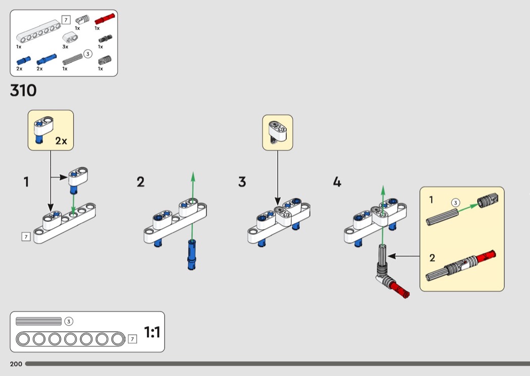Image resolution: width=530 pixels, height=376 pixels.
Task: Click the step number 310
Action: (x=23, y=91)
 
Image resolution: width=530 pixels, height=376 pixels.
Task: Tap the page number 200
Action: (x=16, y=364)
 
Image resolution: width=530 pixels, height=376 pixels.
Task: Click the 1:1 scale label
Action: (x=152, y=332)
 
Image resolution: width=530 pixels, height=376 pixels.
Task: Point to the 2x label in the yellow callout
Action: (x=61, y=141)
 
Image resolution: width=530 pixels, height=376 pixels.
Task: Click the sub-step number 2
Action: (x=140, y=182)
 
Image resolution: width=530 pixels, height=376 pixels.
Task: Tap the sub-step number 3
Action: (x=242, y=182)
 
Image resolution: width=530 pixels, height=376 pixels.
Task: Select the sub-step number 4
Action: (x=337, y=182)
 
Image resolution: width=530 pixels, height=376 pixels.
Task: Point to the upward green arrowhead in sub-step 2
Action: (x=193, y=176)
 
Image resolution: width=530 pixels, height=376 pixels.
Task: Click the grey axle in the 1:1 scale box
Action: (x=38, y=321)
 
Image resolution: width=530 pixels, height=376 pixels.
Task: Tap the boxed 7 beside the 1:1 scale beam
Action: (x=132, y=339)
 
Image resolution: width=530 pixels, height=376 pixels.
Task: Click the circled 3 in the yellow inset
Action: (x=456, y=203)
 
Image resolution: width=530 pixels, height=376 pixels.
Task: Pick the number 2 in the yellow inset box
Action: (x=432, y=258)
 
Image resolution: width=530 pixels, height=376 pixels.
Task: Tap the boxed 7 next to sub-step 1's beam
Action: (x=26, y=236)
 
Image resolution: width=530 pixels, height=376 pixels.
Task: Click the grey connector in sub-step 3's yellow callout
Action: (x=277, y=131)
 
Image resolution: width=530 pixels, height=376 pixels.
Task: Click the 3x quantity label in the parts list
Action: (x=66, y=46)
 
